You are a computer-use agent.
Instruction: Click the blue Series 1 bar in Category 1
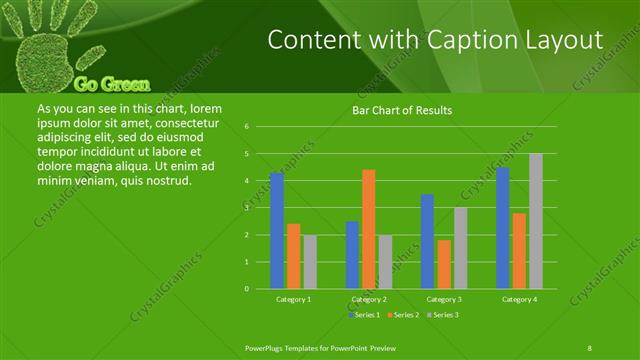pos(277,230)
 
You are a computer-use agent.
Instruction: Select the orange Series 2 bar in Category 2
pos(368,229)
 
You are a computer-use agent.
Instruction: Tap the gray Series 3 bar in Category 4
pos(535,221)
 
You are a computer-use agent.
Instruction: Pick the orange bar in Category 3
pos(443,264)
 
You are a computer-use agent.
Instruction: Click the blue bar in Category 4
pos(502,228)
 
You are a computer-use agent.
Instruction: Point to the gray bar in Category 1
pos(310,262)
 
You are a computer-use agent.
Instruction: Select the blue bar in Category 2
pos(352,255)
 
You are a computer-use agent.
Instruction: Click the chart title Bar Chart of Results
pos(402,110)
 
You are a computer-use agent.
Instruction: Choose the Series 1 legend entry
pos(363,315)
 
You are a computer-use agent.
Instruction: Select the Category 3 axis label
pos(443,299)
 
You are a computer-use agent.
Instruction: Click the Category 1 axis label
pos(293,299)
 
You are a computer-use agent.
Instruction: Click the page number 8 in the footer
pos(590,346)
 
